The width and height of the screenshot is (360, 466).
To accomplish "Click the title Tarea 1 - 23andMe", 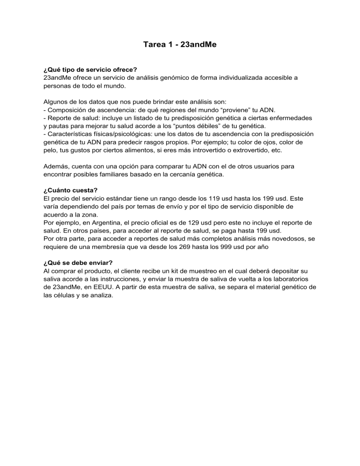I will coord(180,46).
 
